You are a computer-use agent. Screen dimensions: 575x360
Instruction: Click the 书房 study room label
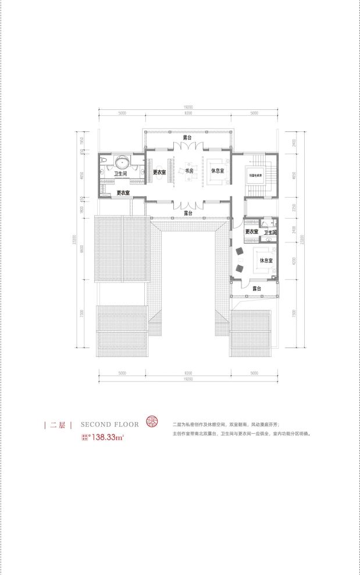(189, 172)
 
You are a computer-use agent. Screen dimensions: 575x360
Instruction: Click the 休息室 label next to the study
(218, 170)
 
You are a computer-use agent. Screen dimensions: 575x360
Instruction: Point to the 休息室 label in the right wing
(266, 260)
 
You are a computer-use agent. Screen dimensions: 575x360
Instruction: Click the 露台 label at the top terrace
(187, 138)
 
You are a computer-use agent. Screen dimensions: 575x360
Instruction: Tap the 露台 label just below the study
(188, 213)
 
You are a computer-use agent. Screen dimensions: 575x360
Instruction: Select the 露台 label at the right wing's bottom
(255, 288)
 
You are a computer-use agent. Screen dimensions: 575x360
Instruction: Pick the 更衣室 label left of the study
(160, 172)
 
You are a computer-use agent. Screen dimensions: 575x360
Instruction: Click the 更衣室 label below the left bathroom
(123, 192)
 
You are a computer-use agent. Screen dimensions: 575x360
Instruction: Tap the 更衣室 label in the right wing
(251, 232)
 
